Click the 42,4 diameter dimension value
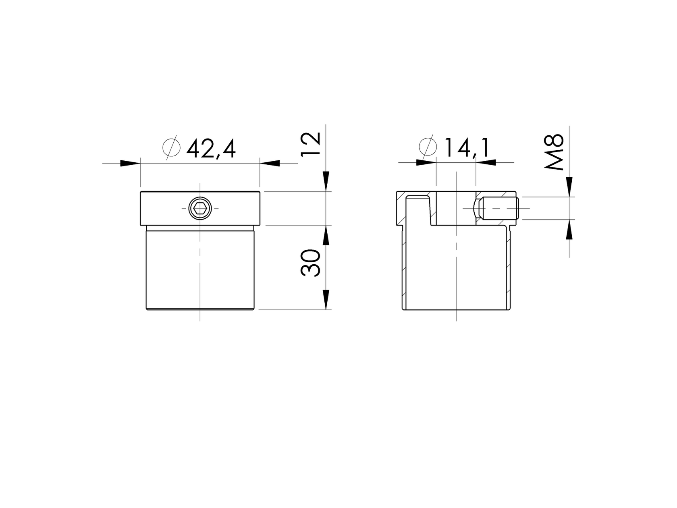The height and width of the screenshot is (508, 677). coord(211,149)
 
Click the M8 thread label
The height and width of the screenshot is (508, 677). coord(554,151)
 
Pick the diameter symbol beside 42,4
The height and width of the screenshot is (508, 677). coord(171,148)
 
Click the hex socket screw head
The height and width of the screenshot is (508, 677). coord(200,208)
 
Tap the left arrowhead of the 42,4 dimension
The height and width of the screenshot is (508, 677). coord(130,163)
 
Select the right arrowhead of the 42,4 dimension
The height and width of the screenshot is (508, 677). coord(270,163)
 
